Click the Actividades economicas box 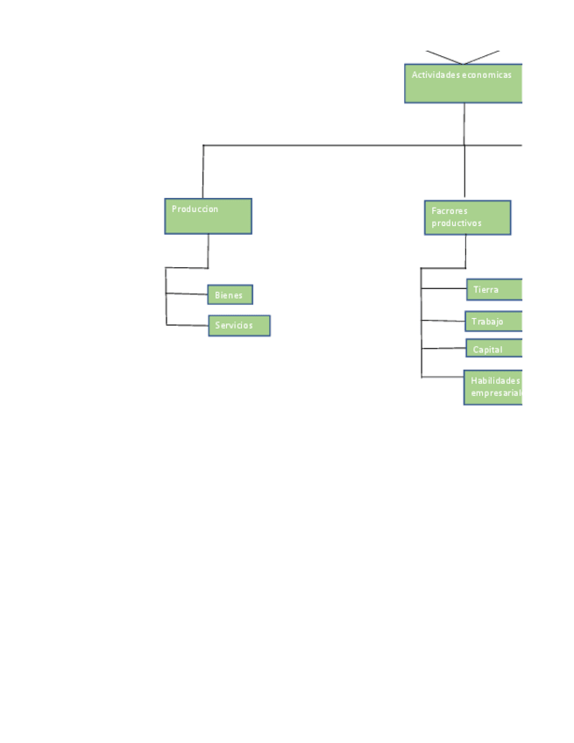click(463, 83)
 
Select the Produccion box click(208, 216)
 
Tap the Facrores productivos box click(466, 217)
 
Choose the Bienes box click(230, 294)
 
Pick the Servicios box click(238, 326)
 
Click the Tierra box click(493, 289)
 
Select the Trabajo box click(493, 322)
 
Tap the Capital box click(493, 349)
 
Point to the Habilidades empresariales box click(493, 387)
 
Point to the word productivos click(456, 223)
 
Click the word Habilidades click(495, 381)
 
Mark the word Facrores click(450, 211)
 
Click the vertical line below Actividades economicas click(464, 123)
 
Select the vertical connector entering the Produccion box click(203, 172)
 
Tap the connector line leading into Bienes click(186, 294)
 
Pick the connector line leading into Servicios click(186, 325)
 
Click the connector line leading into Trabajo click(443, 321)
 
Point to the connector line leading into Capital click(443, 349)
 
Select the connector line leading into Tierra click(443, 287)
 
